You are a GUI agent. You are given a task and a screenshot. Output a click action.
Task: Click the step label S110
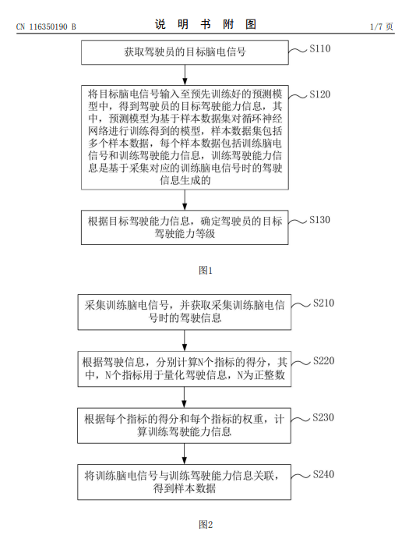(319, 49)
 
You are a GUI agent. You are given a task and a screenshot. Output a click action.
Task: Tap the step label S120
(319, 94)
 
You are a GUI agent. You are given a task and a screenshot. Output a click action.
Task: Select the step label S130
(319, 220)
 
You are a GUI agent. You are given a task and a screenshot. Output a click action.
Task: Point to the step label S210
(323, 303)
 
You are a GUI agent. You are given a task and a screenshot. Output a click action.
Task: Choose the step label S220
(323, 361)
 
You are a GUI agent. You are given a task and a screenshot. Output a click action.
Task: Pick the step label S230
(323, 417)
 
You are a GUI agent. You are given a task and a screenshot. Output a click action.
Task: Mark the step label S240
(323, 475)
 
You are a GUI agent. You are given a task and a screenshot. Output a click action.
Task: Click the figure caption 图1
(206, 271)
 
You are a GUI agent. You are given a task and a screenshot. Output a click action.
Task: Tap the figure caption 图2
(206, 525)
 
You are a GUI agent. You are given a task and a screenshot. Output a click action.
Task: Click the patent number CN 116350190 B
(46, 27)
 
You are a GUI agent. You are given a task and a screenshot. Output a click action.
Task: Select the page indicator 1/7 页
(382, 27)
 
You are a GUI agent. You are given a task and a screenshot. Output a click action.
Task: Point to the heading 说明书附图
(206, 24)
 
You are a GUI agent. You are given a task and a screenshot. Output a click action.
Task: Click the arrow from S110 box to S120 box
(185, 75)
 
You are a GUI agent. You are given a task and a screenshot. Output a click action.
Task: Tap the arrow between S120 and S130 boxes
(185, 200)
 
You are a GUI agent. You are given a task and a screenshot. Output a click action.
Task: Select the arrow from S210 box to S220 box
(185, 340)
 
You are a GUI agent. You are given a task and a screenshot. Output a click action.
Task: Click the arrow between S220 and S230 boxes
(185, 397)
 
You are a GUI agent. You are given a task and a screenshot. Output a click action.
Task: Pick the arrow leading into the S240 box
(185, 454)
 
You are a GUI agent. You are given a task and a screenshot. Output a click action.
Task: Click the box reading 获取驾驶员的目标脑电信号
(185, 52)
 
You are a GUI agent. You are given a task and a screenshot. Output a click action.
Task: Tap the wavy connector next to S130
(298, 222)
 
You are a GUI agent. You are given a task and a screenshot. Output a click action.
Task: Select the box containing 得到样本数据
(185, 482)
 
